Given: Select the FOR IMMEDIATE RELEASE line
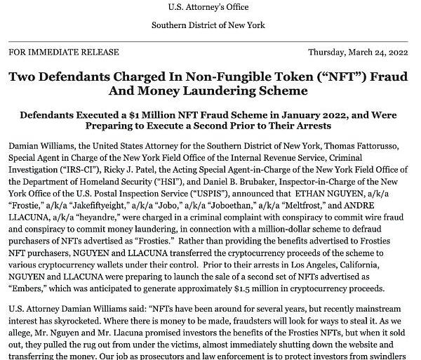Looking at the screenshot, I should coord(53,52).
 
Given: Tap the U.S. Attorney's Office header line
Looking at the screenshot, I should coord(208,8).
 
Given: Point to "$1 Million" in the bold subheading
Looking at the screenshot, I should coord(137,114).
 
